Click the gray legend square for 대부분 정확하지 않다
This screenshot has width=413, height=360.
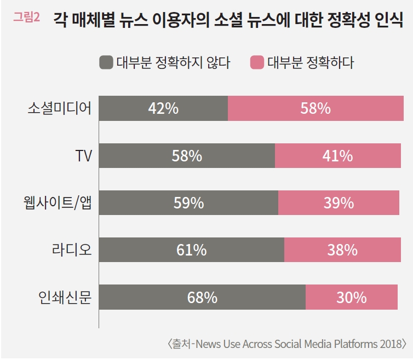click(x=106, y=62)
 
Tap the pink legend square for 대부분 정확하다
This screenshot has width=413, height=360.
click(x=257, y=62)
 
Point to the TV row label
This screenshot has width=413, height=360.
click(x=83, y=156)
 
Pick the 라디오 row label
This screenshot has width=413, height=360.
click(x=68, y=250)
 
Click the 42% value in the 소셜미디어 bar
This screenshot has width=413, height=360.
click(x=163, y=108)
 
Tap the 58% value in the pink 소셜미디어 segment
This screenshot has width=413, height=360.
click(x=316, y=108)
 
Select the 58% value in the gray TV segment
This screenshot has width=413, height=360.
click(x=187, y=156)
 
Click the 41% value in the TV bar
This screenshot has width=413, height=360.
click(x=337, y=156)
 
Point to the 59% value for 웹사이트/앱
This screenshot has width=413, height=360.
click(x=188, y=203)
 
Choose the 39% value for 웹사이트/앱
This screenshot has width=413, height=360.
click(x=339, y=203)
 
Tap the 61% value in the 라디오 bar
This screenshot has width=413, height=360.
click(x=191, y=250)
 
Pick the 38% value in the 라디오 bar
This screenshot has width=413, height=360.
click(x=342, y=250)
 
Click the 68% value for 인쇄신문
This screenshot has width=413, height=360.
click(x=202, y=298)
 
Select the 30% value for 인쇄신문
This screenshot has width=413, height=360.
click(x=351, y=298)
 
